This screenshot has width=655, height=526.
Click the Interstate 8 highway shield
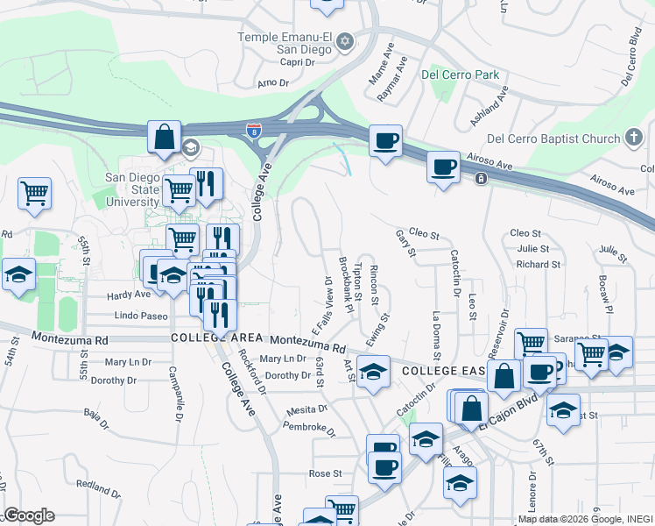tap(253, 132)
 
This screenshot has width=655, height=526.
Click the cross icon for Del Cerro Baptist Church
tap(635, 138)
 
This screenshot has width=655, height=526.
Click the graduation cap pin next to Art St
tap(373, 373)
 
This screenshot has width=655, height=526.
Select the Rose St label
tap(324, 473)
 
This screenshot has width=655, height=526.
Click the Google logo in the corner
tap(29, 515)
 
